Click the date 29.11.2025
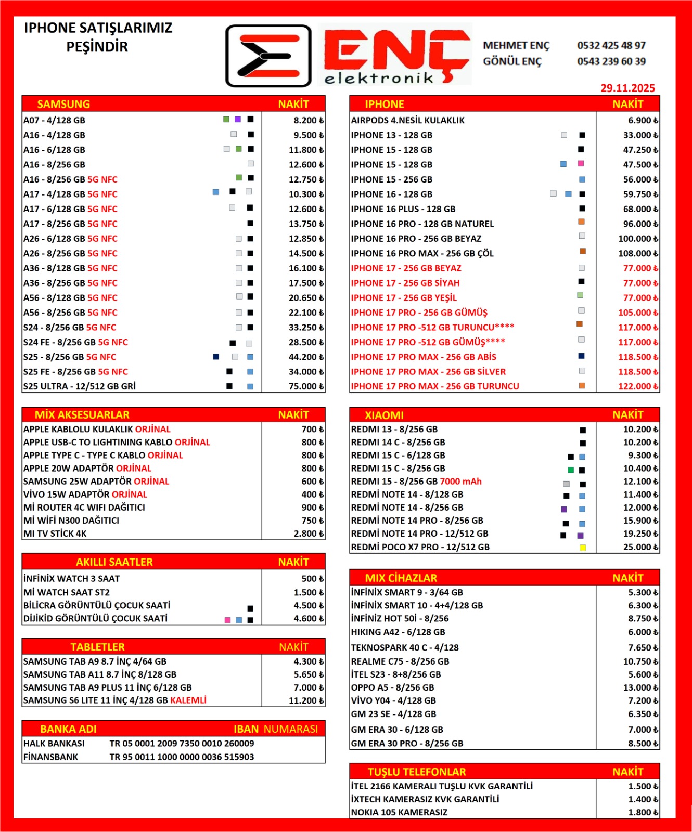(627, 88)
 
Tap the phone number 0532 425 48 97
(611, 46)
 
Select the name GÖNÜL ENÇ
(512, 61)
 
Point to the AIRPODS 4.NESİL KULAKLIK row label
(407, 120)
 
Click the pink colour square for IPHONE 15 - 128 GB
(581, 164)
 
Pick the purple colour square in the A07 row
(237, 120)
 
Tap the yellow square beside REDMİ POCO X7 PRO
(583, 548)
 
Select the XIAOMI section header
(384, 415)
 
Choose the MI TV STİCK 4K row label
(55, 534)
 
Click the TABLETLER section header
(98, 647)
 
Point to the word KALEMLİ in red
(188, 700)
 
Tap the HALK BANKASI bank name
(54, 744)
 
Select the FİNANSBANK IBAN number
(182, 757)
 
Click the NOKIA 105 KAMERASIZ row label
(399, 812)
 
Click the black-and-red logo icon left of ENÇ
(268, 56)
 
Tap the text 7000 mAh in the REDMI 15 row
(461, 482)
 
